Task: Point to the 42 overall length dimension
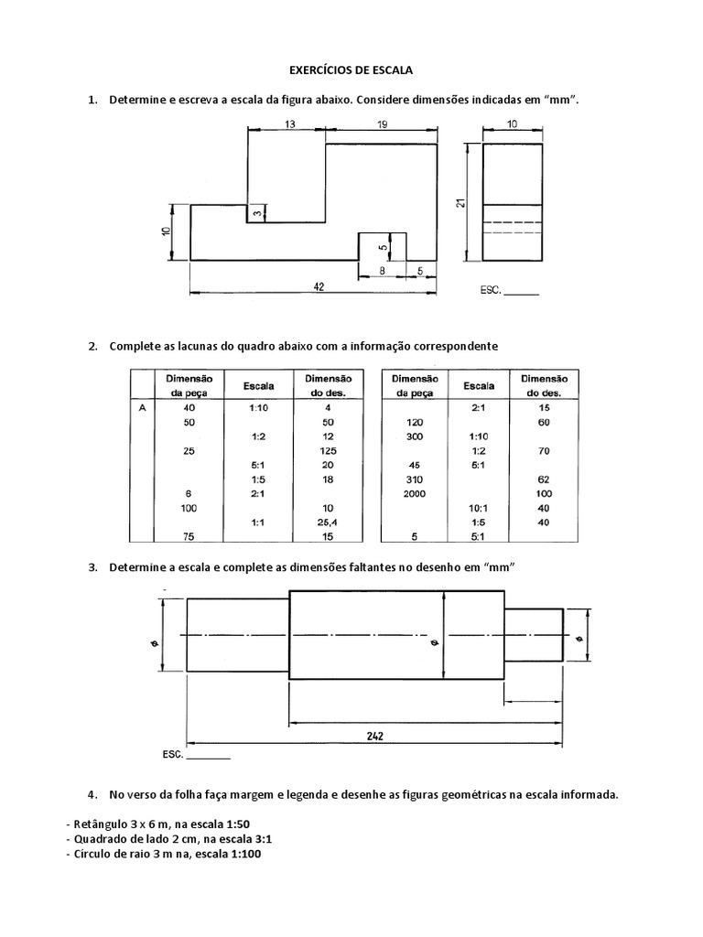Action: [x=318, y=286]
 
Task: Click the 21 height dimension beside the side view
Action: [x=462, y=203]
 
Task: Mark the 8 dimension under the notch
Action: [x=382, y=271]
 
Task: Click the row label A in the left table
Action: [x=141, y=408]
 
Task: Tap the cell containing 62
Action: [x=544, y=479]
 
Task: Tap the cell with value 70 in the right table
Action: [x=544, y=451]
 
